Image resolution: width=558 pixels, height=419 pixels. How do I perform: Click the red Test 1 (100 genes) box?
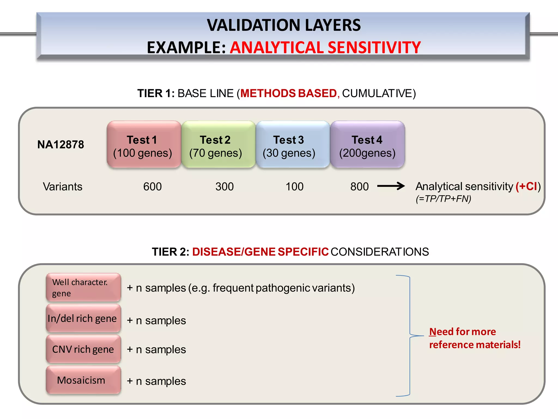[144, 145]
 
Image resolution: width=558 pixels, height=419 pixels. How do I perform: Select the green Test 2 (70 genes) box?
[218, 145]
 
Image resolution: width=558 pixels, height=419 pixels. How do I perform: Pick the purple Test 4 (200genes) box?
[367, 145]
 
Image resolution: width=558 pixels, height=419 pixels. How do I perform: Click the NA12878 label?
[60, 145]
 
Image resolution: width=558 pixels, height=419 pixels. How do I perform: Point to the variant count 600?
[152, 187]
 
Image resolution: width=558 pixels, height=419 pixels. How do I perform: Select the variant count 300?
[225, 187]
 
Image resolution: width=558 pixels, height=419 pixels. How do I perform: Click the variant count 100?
[294, 187]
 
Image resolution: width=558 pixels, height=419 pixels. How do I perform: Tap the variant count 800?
[359, 187]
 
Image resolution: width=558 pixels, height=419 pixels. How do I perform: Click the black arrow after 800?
[391, 186]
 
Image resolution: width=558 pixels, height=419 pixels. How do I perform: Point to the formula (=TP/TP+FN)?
[443, 199]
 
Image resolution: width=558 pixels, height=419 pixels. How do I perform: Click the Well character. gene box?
[83, 288]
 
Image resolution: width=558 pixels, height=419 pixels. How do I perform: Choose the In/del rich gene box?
[83, 319]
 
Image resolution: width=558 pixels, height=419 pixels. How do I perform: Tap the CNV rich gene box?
[83, 349]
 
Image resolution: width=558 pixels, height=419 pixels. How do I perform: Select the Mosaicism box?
[83, 380]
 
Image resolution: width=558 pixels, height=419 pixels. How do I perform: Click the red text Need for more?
[462, 332]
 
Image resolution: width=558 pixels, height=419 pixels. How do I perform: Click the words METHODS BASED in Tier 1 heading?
[289, 94]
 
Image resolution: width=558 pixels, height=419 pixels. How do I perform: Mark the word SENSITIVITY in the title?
[374, 48]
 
